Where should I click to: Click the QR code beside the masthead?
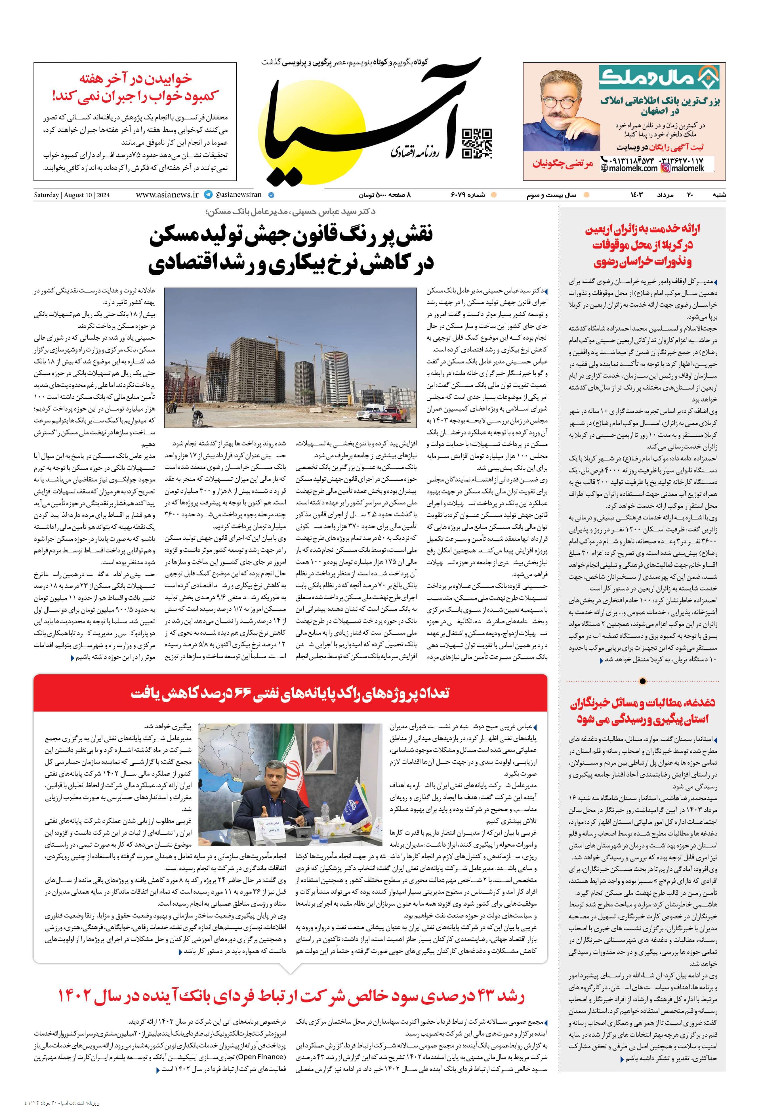pos(476,144)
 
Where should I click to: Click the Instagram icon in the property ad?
pos(665,168)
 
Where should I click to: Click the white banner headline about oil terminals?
pos(290,693)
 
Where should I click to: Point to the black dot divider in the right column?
pos(642,681)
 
